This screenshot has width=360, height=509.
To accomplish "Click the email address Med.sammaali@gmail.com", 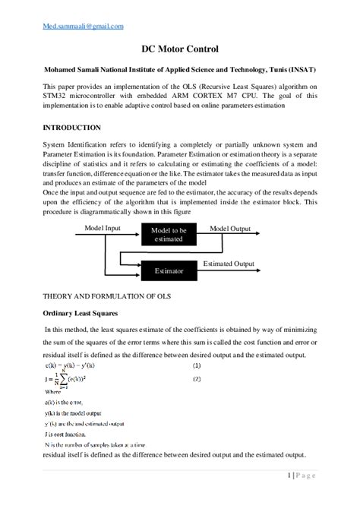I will [x=73, y=26].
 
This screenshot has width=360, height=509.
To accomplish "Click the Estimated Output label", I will [x=229, y=264].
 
